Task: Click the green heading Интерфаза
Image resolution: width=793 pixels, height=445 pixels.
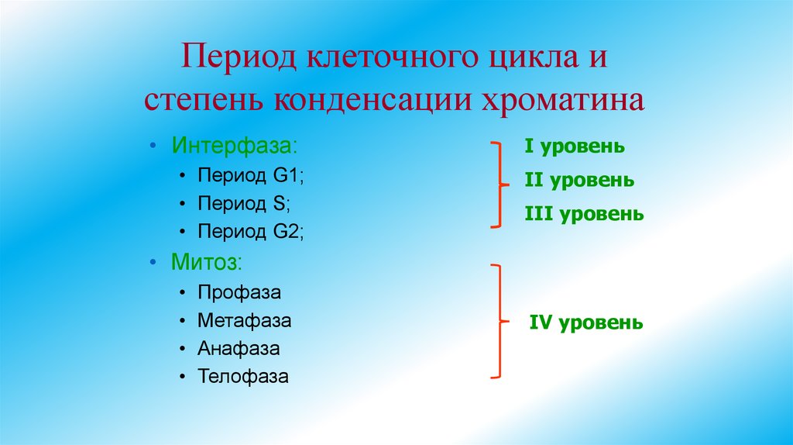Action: pyautogui.click(x=234, y=147)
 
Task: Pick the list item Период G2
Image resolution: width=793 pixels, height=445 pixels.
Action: pyautogui.click(x=251, y=231)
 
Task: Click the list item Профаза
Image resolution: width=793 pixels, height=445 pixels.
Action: pyautogui.click(x=239, y=293)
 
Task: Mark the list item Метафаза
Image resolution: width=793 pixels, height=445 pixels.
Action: pyautogui.click(x=245, y=321)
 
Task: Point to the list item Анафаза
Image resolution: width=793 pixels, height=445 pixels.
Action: pyautogui.click(x=239, y=349)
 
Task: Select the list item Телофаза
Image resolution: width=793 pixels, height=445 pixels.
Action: pyautogui.click(x=243, y=378)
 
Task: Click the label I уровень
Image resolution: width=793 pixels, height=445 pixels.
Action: pyautogui.click(x=575, y=147)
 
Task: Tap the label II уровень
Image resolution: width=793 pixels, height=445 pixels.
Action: pyautogui.click(x=579, y=181)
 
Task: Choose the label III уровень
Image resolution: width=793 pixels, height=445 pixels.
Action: pyautogui.click(x=584, y=214)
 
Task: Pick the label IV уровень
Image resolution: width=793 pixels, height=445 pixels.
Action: pyautogui.click(x=586, y=322)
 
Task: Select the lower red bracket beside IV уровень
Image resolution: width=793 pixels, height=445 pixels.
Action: pyautogui.click(x=499, y=321)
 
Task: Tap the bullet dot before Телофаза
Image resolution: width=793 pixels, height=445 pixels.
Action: pyautogui.click(x=180, y=378)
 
